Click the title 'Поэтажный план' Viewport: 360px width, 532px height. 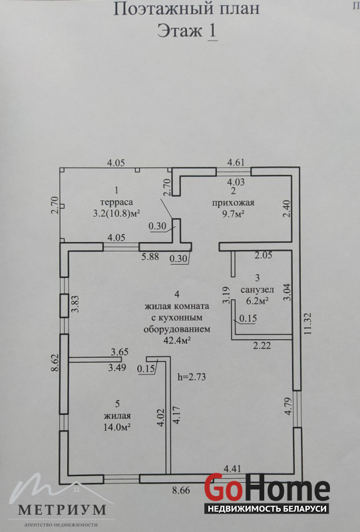pos(186,9)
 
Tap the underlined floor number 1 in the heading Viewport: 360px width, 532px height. pos(212,31)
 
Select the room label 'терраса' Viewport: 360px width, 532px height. pos(116,202)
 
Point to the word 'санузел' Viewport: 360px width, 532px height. pos(257,290)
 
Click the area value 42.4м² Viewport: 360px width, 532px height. pos(176,340)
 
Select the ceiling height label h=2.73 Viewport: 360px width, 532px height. pos(192,377)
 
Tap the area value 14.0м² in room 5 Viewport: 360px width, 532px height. pos(118,427)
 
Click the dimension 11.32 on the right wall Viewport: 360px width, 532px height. pos(308,324)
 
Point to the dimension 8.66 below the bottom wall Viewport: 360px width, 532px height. pos(181,491)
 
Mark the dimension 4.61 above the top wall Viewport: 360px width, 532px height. pos(236,162)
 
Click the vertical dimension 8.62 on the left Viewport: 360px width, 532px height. pos(55,363)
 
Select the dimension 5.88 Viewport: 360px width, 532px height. pos(150,257)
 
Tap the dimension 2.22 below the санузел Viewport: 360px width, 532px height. pos(262,346)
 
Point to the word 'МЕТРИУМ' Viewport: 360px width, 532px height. pos(61,509)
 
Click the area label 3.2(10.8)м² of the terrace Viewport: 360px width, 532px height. pos(116,214)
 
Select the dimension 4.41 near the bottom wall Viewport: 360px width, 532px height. pos(232,469)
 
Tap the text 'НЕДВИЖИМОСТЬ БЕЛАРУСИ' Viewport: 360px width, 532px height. pos(267,509)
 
